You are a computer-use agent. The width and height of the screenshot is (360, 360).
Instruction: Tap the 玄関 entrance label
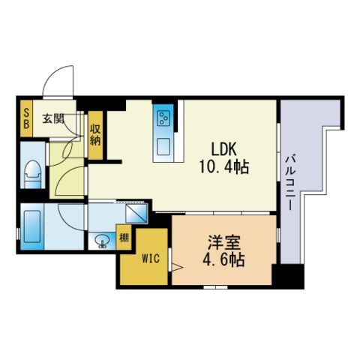52,118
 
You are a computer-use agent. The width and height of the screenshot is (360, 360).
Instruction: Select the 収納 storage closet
96,134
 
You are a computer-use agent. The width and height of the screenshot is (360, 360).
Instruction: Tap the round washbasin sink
103,241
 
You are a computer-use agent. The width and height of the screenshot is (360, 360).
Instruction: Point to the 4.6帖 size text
225,262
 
